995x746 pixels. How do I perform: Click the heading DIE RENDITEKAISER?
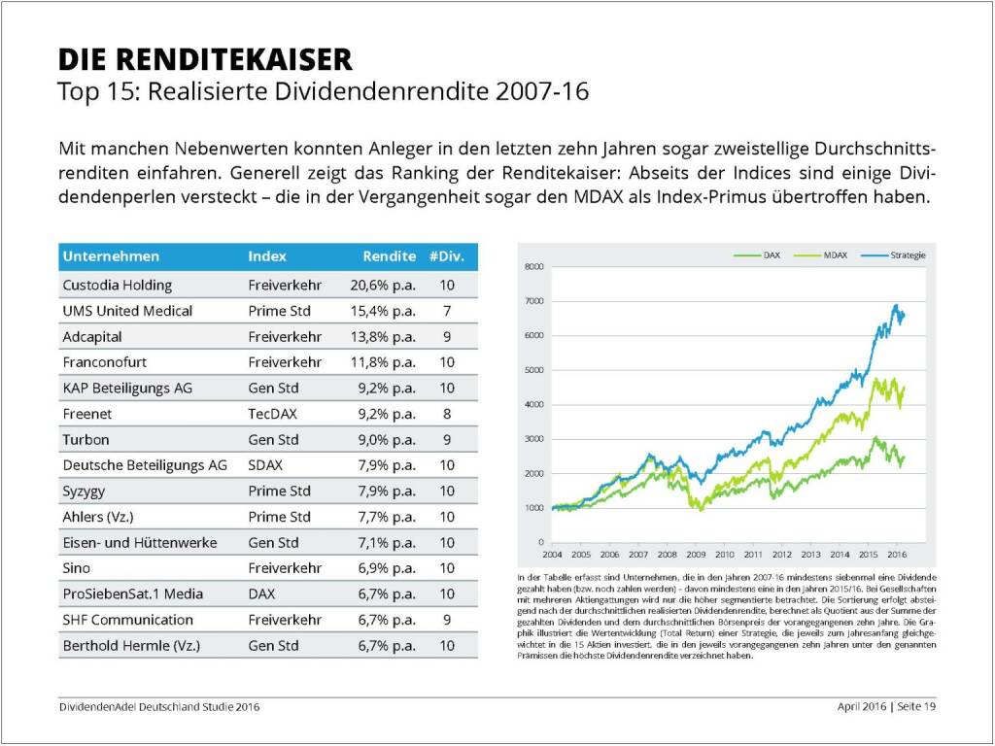[x=205, y=60]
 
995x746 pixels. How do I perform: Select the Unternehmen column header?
[x=111, y=256]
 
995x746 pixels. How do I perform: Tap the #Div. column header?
[x=446, y=256]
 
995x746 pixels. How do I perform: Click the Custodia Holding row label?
[x=118, y=286]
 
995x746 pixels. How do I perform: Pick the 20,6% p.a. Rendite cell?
[x=382, y=286]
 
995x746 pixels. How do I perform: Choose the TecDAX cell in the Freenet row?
[x=272, y=414]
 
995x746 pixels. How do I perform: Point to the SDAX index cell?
[x=266, y=465]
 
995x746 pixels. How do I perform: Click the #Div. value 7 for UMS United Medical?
[x=447, y=311]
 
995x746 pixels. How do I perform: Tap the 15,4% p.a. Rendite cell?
[x=382, y=311]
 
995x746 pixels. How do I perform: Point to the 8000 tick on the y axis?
[x=533, y=266]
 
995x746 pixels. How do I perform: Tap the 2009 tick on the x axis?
[x=696, y=554]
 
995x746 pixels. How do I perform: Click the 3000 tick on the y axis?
[x=533, y=439]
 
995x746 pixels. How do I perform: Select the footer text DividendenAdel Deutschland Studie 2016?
[x=159, y=706]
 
